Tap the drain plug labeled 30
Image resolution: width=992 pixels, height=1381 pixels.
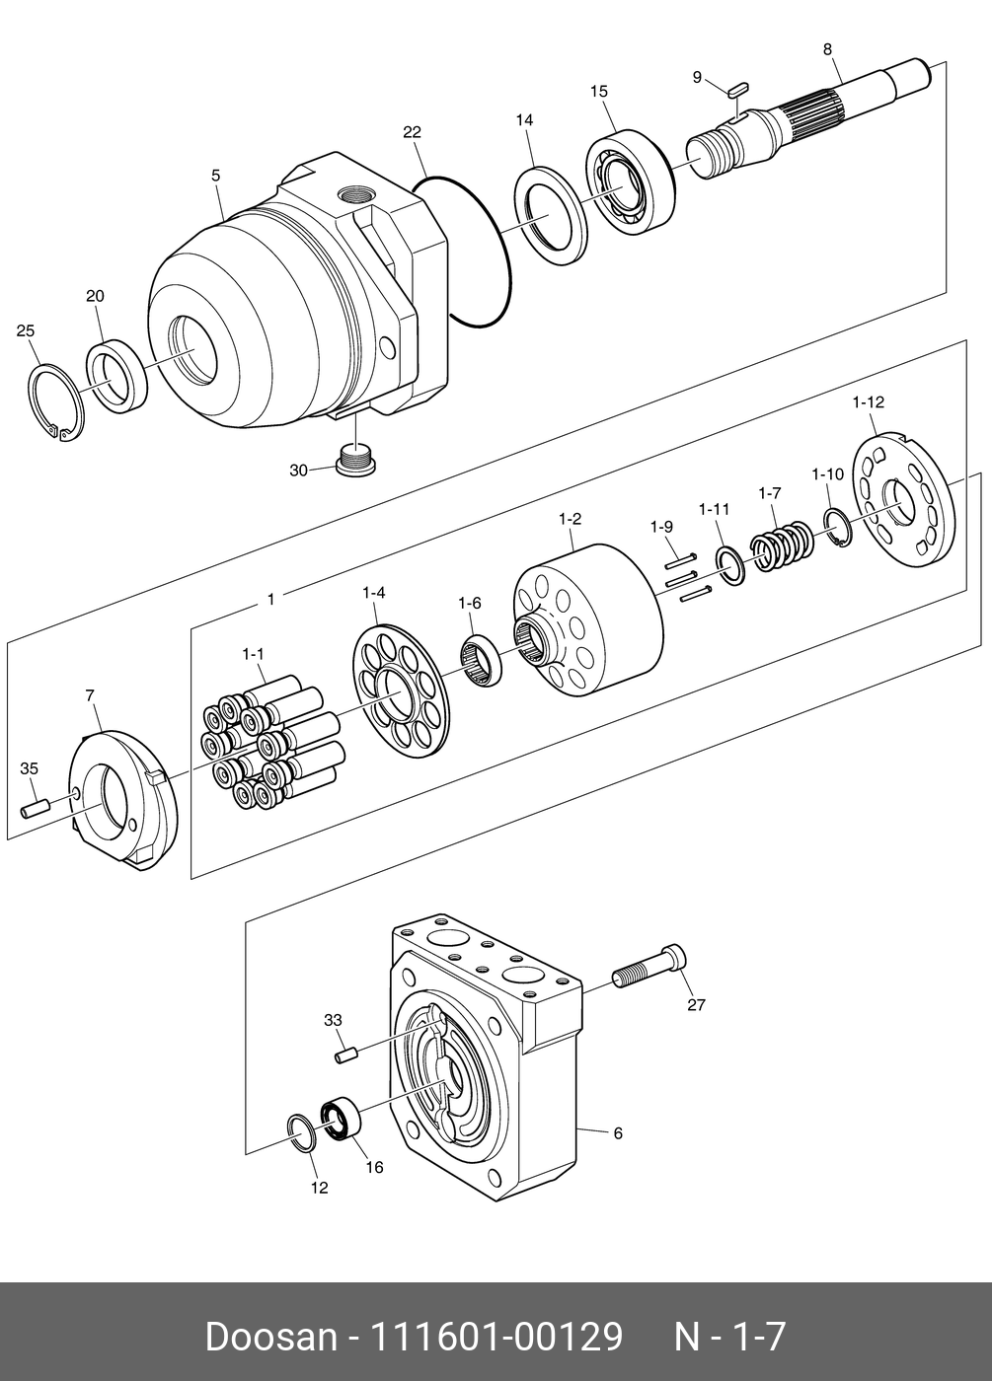[x=355, y=460]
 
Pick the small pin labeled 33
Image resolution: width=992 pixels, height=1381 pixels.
[x=344, y=1055]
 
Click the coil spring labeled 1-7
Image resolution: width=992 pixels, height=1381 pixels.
[x=783, y=547]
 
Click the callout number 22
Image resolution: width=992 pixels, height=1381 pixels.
[x=412, y=131]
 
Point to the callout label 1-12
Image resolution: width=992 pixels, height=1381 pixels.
[x=868, y=401]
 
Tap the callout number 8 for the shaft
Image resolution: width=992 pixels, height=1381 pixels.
[x=826, y=48]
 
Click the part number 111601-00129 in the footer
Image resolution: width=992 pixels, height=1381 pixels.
[x=496, y=1337]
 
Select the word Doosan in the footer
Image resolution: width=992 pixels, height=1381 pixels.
[x=270, y=1337]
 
